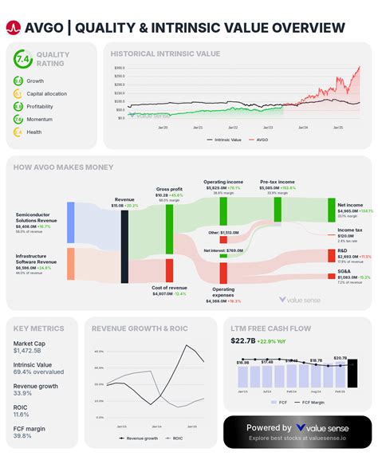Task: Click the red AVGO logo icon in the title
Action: (13, 28)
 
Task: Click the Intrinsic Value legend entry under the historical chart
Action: (225, 140)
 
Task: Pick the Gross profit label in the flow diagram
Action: (167, 189)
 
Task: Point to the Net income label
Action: (350, 206)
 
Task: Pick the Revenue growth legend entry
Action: (138, 439)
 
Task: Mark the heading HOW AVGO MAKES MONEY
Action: (64, 167)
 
